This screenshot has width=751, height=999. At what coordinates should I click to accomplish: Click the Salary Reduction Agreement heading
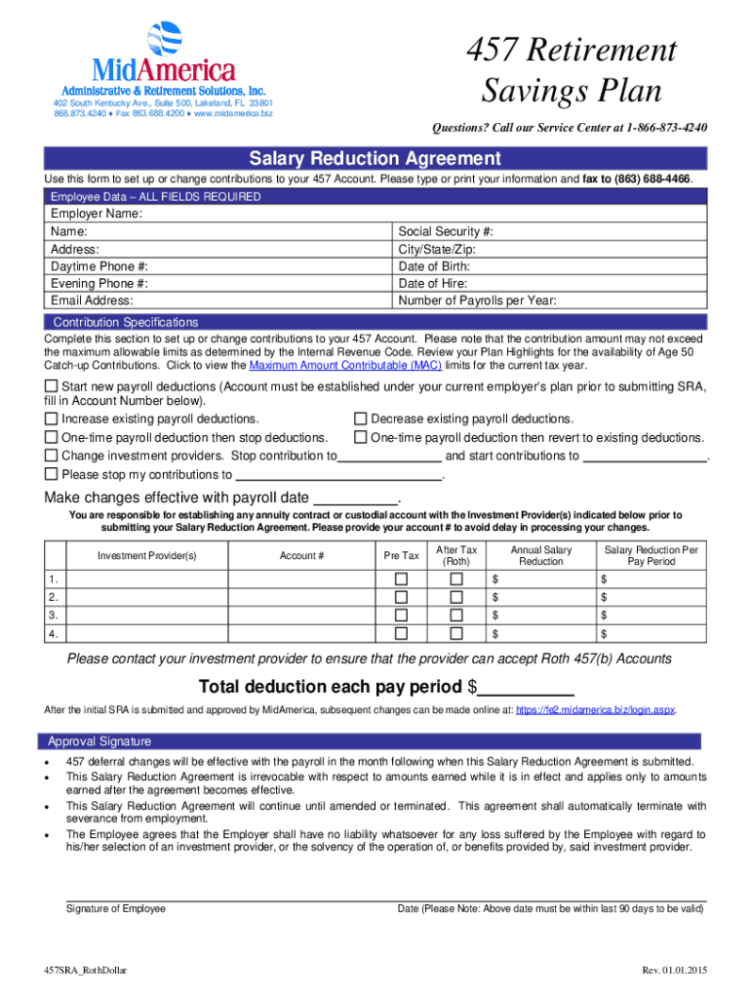coord(375,158)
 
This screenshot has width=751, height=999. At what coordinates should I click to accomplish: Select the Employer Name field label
coord(97,214)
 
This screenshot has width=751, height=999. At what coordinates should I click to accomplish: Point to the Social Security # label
coord(446,231)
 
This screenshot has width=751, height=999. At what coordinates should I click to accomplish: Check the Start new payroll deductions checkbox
coord(52,387)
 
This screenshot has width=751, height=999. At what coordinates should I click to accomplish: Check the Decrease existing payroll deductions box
coord(360,419)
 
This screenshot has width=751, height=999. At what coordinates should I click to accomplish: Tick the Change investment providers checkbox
coord(52,456)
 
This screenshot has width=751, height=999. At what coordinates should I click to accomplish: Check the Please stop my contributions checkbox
coord(52,475)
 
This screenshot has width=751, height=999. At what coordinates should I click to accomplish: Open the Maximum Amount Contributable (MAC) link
coord(345,365)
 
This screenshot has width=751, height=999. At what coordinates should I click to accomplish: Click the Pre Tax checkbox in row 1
coord(400,579)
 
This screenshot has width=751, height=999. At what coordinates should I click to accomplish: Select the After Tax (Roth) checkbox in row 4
coord(455,634)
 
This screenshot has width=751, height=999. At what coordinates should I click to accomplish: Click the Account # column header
coord(301,556)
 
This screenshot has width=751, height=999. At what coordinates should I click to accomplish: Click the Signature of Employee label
coord(115,908)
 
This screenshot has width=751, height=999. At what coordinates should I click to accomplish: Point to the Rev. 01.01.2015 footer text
coord(673,971)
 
